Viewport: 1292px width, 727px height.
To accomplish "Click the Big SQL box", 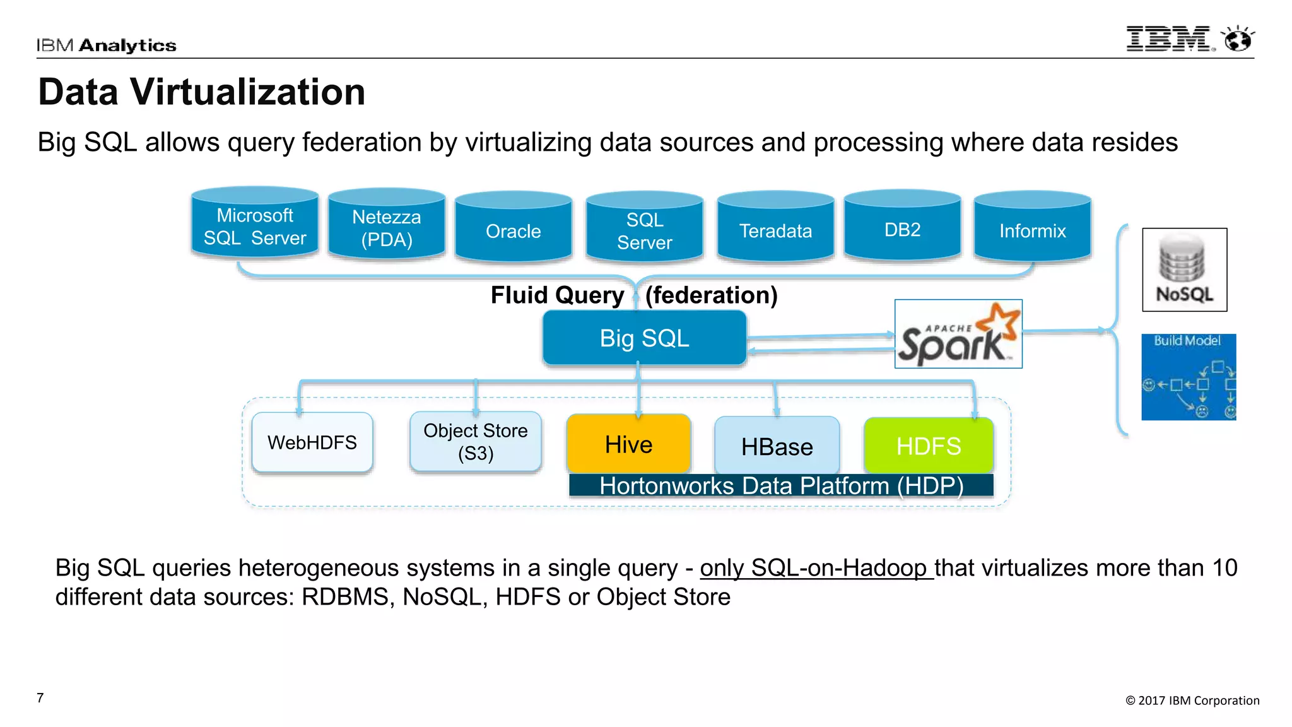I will click(x=644, y=338).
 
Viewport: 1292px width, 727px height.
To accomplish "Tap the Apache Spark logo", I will click(x=958, y=334).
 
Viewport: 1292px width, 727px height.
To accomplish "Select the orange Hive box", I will click(x=628, y=444).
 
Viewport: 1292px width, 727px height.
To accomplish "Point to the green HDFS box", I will click(x=928, y=446).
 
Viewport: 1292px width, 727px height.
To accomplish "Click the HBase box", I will click(x=777, y=446).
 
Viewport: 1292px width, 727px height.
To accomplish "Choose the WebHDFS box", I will click(x=312, y=442).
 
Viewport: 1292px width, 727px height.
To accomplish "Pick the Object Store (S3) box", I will click(x=475, y=442).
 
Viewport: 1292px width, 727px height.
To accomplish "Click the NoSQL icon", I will click(x=1184, y=270).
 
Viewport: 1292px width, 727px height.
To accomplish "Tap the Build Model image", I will click(x=1188, y=377).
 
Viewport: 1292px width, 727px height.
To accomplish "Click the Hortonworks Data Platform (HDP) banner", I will click(x=781, y=486).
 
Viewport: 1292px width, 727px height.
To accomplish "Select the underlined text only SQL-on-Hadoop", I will click(x=816, y=568).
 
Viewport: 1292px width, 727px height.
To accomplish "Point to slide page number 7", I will click(x=40, y=697).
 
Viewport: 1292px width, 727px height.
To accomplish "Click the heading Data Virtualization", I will click(x=202, y=92).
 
